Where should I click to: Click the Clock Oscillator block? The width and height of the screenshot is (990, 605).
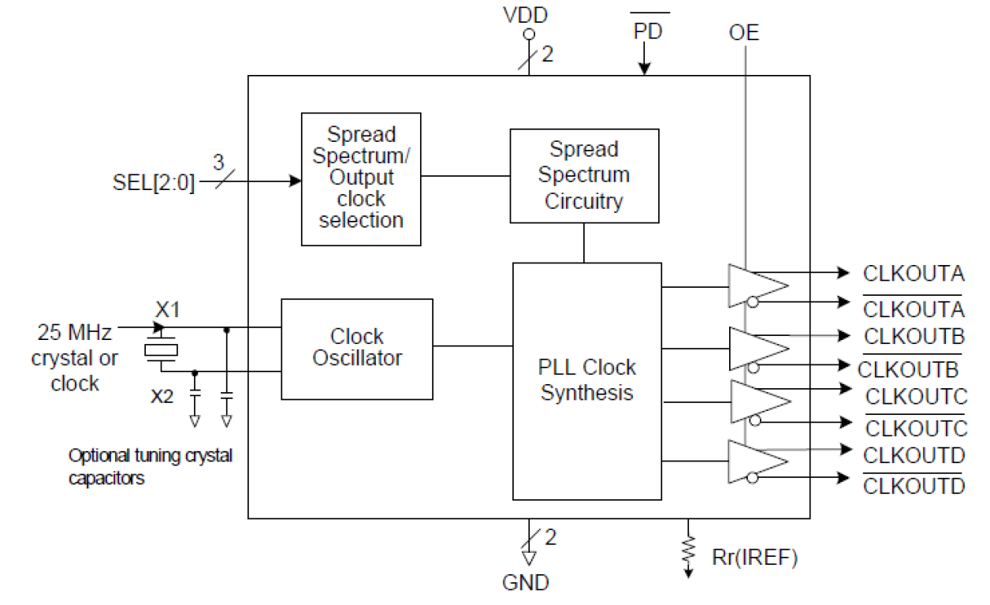357,348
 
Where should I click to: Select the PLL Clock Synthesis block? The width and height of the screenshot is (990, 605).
586,381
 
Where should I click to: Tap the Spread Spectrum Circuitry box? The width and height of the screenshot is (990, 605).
584,175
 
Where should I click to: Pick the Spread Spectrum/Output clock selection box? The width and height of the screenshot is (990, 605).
361,178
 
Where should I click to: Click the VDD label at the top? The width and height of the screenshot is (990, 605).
527,15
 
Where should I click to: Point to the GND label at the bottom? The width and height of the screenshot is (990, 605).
527,584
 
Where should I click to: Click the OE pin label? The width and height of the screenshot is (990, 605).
744,33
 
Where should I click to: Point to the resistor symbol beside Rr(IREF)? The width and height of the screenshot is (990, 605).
689,547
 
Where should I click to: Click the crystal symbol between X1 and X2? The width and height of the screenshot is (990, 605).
161,349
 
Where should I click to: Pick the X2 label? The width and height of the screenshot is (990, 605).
162,396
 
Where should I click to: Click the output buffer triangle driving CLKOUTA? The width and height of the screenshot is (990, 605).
755,286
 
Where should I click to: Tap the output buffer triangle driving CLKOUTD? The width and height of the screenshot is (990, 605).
755,462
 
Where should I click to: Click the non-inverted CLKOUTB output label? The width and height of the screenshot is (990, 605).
914,337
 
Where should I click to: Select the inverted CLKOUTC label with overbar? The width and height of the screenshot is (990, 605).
915,428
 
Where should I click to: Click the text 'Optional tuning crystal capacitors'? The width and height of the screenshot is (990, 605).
151,466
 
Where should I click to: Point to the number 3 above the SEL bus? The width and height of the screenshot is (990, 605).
218,162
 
